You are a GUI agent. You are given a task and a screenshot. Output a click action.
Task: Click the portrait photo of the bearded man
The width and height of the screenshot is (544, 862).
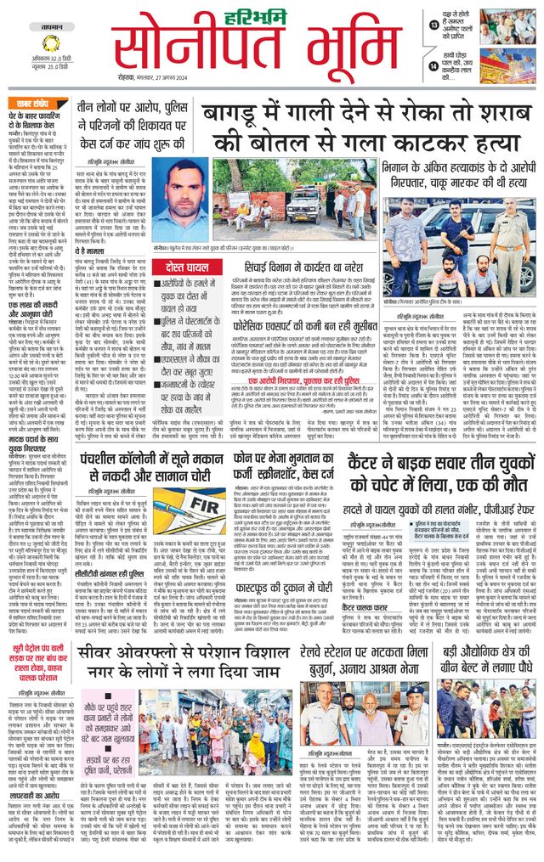[x=178, y=202]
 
